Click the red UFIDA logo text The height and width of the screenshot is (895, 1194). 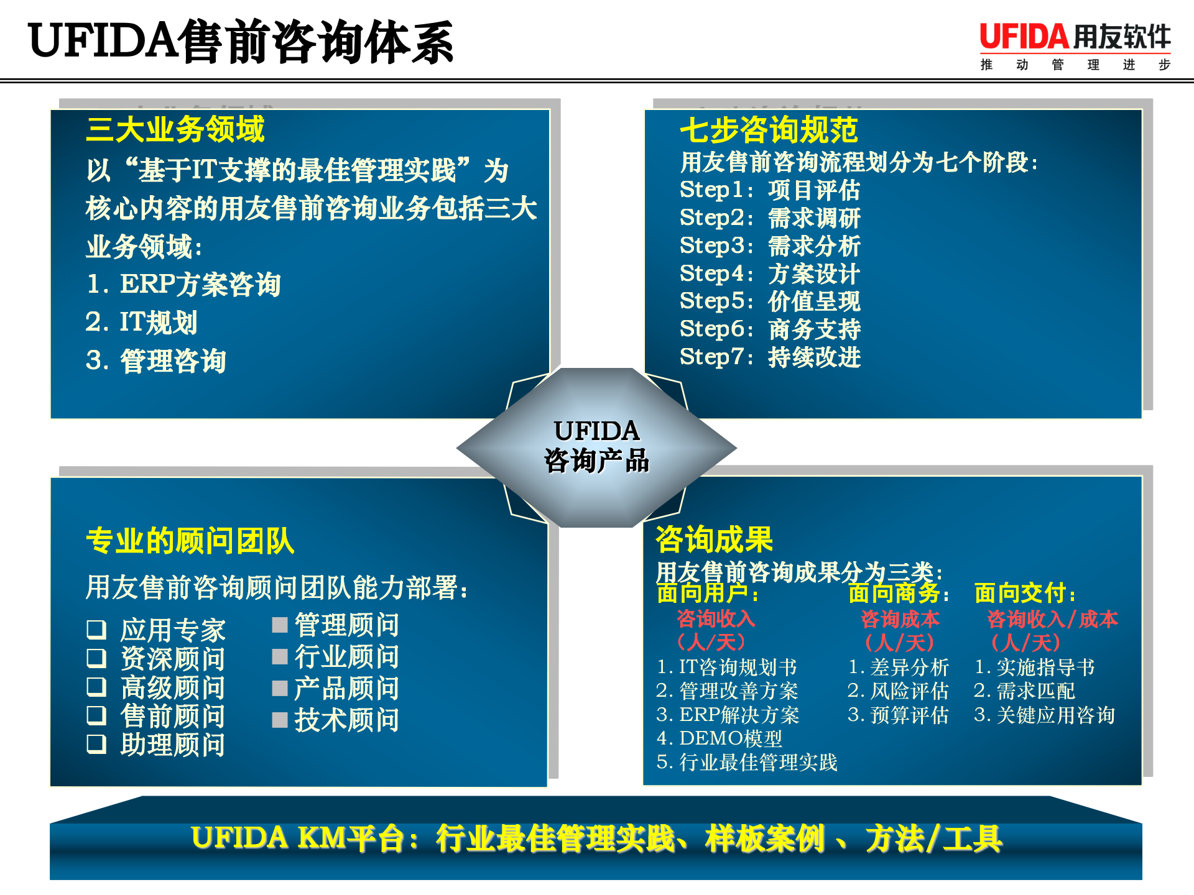1024,37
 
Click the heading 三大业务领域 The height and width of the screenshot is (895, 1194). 175,129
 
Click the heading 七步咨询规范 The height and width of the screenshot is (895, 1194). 769,130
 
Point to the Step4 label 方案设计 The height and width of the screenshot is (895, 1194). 814,273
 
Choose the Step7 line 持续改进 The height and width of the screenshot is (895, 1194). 814,357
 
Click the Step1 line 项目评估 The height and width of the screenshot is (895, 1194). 814,190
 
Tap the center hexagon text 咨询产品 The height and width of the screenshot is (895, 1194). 596,461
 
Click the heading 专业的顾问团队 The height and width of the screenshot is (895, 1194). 190,541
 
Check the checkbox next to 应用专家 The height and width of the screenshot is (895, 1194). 96,630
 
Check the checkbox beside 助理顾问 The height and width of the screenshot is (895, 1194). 96,744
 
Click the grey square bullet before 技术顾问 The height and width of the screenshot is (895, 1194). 280,720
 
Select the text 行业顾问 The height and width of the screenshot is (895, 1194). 346,656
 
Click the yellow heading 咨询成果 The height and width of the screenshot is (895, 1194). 715,539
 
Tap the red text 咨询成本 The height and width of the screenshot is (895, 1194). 900,619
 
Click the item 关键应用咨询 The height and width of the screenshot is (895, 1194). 1055,715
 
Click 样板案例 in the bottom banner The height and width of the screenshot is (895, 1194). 764,838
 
